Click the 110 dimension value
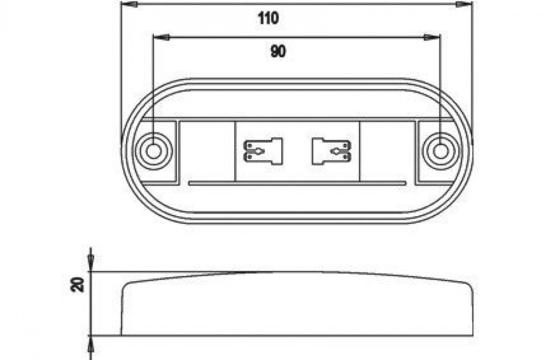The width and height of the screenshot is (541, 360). point(268,18)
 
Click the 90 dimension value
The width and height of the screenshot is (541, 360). point(278,52)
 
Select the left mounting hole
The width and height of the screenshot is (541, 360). point(153,151)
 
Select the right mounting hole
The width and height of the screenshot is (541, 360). point(440,151)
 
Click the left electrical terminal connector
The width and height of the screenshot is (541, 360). point(263,151)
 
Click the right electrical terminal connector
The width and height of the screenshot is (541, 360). point(331,151)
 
